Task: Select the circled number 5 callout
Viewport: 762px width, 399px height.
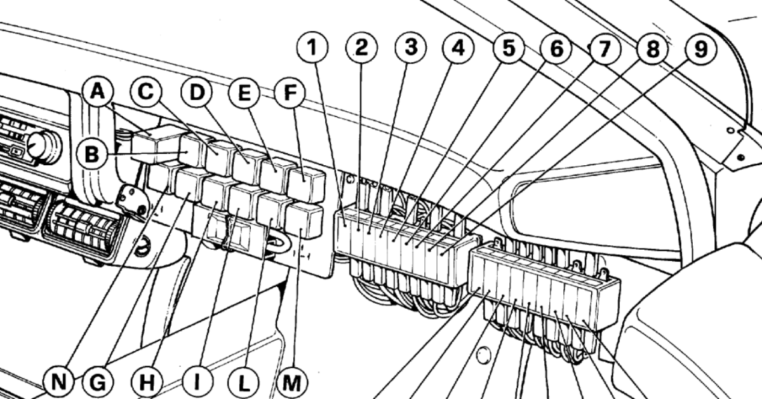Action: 507,48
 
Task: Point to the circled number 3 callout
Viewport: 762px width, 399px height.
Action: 410,48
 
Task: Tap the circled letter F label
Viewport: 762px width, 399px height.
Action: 290,93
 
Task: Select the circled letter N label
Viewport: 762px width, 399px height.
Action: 58,382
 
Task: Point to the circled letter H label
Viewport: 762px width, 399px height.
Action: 148,382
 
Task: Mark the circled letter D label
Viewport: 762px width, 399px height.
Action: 197,93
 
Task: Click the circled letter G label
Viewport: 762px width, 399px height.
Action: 98,382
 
